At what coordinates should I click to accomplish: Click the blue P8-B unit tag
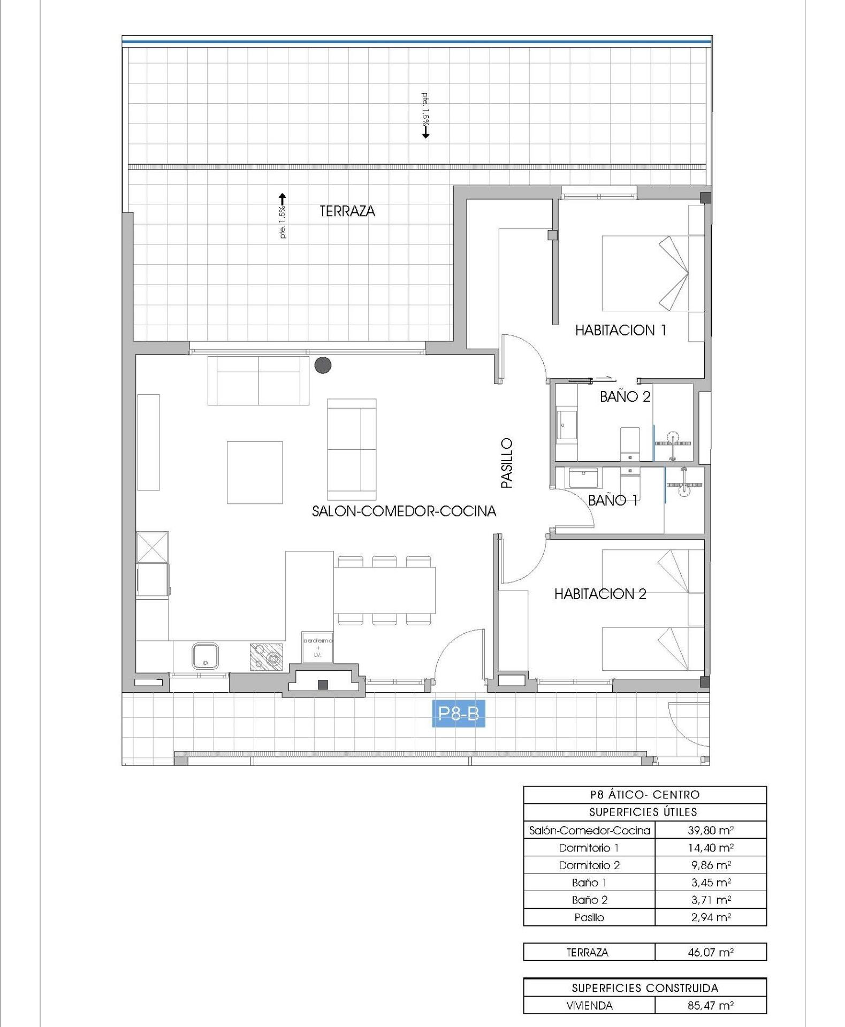(x=458, y=714)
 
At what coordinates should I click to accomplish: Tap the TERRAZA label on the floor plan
(x=347, y=211)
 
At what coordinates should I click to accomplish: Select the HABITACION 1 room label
(x=621, y=330)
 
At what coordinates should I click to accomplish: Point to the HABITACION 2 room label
(x=600, y=594)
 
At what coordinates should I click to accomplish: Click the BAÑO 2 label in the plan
(x=625, y=396)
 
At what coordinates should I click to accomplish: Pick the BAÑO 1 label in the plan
(x=613, y=500)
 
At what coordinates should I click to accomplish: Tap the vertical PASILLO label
(x=506, y=463)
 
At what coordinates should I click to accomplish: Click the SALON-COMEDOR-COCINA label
(x=404, y=511)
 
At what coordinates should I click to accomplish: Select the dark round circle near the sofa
(x=323, y=365)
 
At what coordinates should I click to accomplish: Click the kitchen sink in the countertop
(x=205, y=656)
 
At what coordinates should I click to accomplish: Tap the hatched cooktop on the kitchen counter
(x=267, y=656)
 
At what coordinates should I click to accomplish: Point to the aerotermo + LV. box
(x=318, y=647)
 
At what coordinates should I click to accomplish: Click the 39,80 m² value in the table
(x=710, y=830)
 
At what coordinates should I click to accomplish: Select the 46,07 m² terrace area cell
(x=710, y=952)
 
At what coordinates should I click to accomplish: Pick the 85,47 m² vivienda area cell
(x=710, y=1005)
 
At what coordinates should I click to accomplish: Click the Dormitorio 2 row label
(x=589, y=865)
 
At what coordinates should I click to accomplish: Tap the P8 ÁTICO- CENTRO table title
(x=644, y=794)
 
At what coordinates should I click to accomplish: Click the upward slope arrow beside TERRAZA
(x=283, y=199)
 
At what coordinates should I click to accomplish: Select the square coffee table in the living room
(x=255, y=472)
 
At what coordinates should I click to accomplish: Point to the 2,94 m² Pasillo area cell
(x=710, y=917)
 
